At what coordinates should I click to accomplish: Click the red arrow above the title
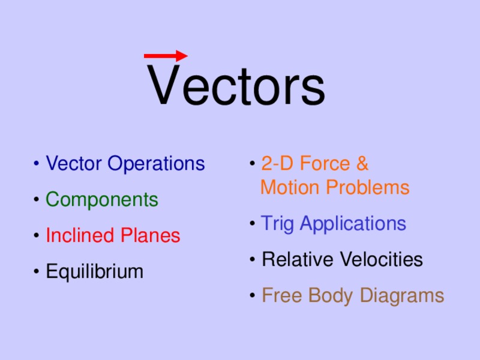pos(166,56)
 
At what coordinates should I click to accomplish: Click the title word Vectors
pos(237,86)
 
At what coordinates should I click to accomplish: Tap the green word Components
pos(102,200)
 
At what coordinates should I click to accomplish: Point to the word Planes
pos(151,236)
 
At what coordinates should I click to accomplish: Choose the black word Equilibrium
pos(95,272)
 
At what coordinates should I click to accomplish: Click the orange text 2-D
pos(277,163)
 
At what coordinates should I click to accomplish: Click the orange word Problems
pos(368,188)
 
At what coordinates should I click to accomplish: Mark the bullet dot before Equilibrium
pos(38,272)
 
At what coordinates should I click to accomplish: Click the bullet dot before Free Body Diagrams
pos(254,296)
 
